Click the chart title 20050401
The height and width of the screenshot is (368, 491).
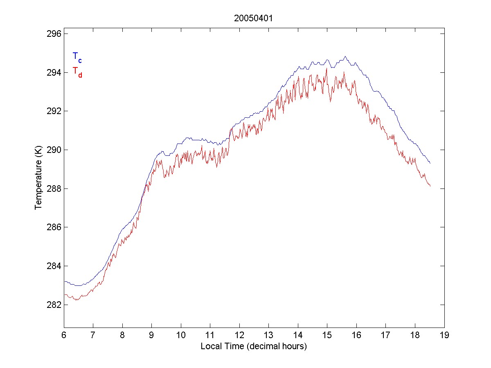254,18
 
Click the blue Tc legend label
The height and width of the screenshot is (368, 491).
77,57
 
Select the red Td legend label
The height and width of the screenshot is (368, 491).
77,72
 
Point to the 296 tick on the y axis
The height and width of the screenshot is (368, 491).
54,34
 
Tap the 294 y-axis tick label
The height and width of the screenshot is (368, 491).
54,72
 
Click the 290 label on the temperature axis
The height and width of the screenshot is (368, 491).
54,150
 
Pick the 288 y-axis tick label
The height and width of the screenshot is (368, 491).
54,188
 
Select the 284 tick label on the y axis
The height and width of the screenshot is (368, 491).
54,266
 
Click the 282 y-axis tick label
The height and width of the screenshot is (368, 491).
54,305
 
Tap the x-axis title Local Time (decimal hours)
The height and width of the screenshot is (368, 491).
254,346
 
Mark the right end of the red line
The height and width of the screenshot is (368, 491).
430,186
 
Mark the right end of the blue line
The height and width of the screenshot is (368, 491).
430,163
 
